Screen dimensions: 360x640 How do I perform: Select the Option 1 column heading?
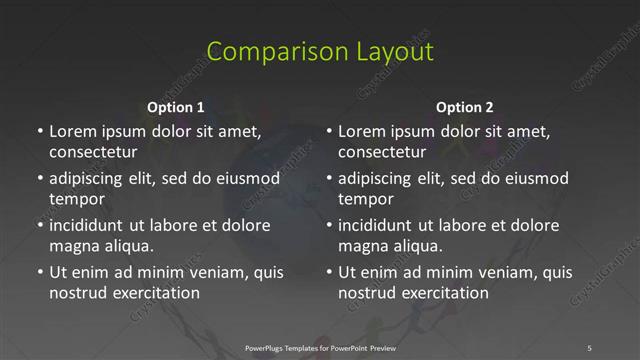(176, 107)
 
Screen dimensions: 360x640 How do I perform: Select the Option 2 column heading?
(465, 107)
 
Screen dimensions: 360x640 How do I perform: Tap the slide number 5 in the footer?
(589, 348)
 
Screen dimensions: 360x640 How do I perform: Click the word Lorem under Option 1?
(72, 131)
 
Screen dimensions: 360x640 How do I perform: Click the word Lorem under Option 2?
(361, 131)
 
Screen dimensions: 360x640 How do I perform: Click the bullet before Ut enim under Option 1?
(40, 272)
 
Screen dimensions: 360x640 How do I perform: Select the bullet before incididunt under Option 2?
(329, 225)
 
